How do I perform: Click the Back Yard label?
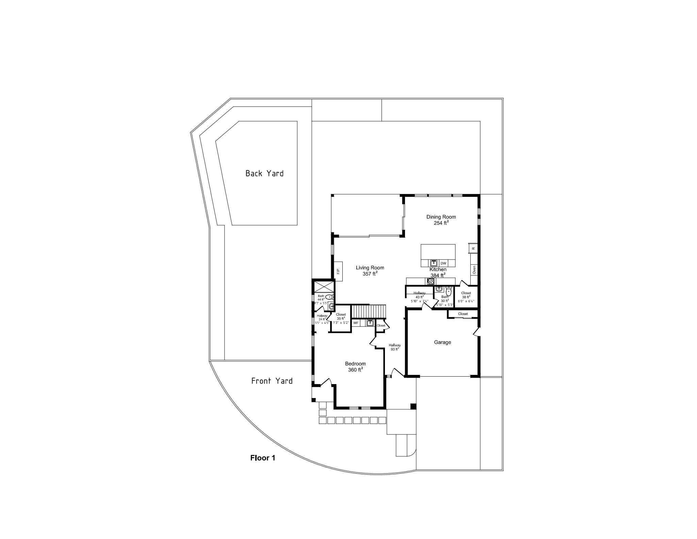click(x=264, y=173)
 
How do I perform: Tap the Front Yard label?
click(x=272, y=381)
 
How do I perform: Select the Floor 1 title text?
click(x=262, y=458)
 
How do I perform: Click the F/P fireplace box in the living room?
click(x=338, y=271)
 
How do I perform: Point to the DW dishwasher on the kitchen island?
click(x=443, y=263)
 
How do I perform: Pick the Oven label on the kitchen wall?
click(x=474, y=270)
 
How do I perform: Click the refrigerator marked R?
click(x=473, y=248)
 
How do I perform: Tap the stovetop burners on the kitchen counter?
click(x=431, y=281)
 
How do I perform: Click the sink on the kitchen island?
click(x=434, y=263)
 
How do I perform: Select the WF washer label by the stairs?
click(x=356, y=323)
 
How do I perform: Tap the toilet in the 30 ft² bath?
click(x=448, y=292)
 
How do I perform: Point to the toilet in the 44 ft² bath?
click(x=328, y=297)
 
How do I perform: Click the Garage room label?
click(x=442, y=342)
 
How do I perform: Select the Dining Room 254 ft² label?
click(x=441, y=220)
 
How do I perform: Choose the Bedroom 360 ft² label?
click(x=355, y=367)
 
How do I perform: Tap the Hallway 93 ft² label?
click(x=395, y=347)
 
